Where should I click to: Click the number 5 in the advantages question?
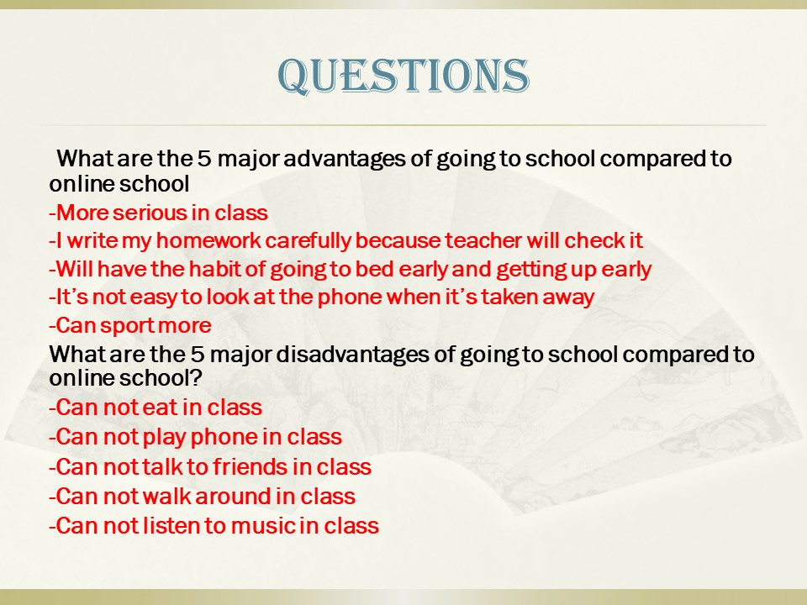(x=203, y=159)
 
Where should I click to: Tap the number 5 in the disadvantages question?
(x=197, y=354)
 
